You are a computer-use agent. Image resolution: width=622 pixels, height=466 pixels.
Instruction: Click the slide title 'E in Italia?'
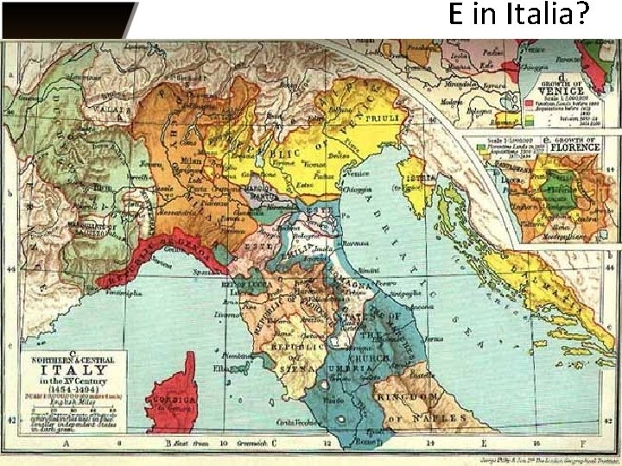(518, 16)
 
